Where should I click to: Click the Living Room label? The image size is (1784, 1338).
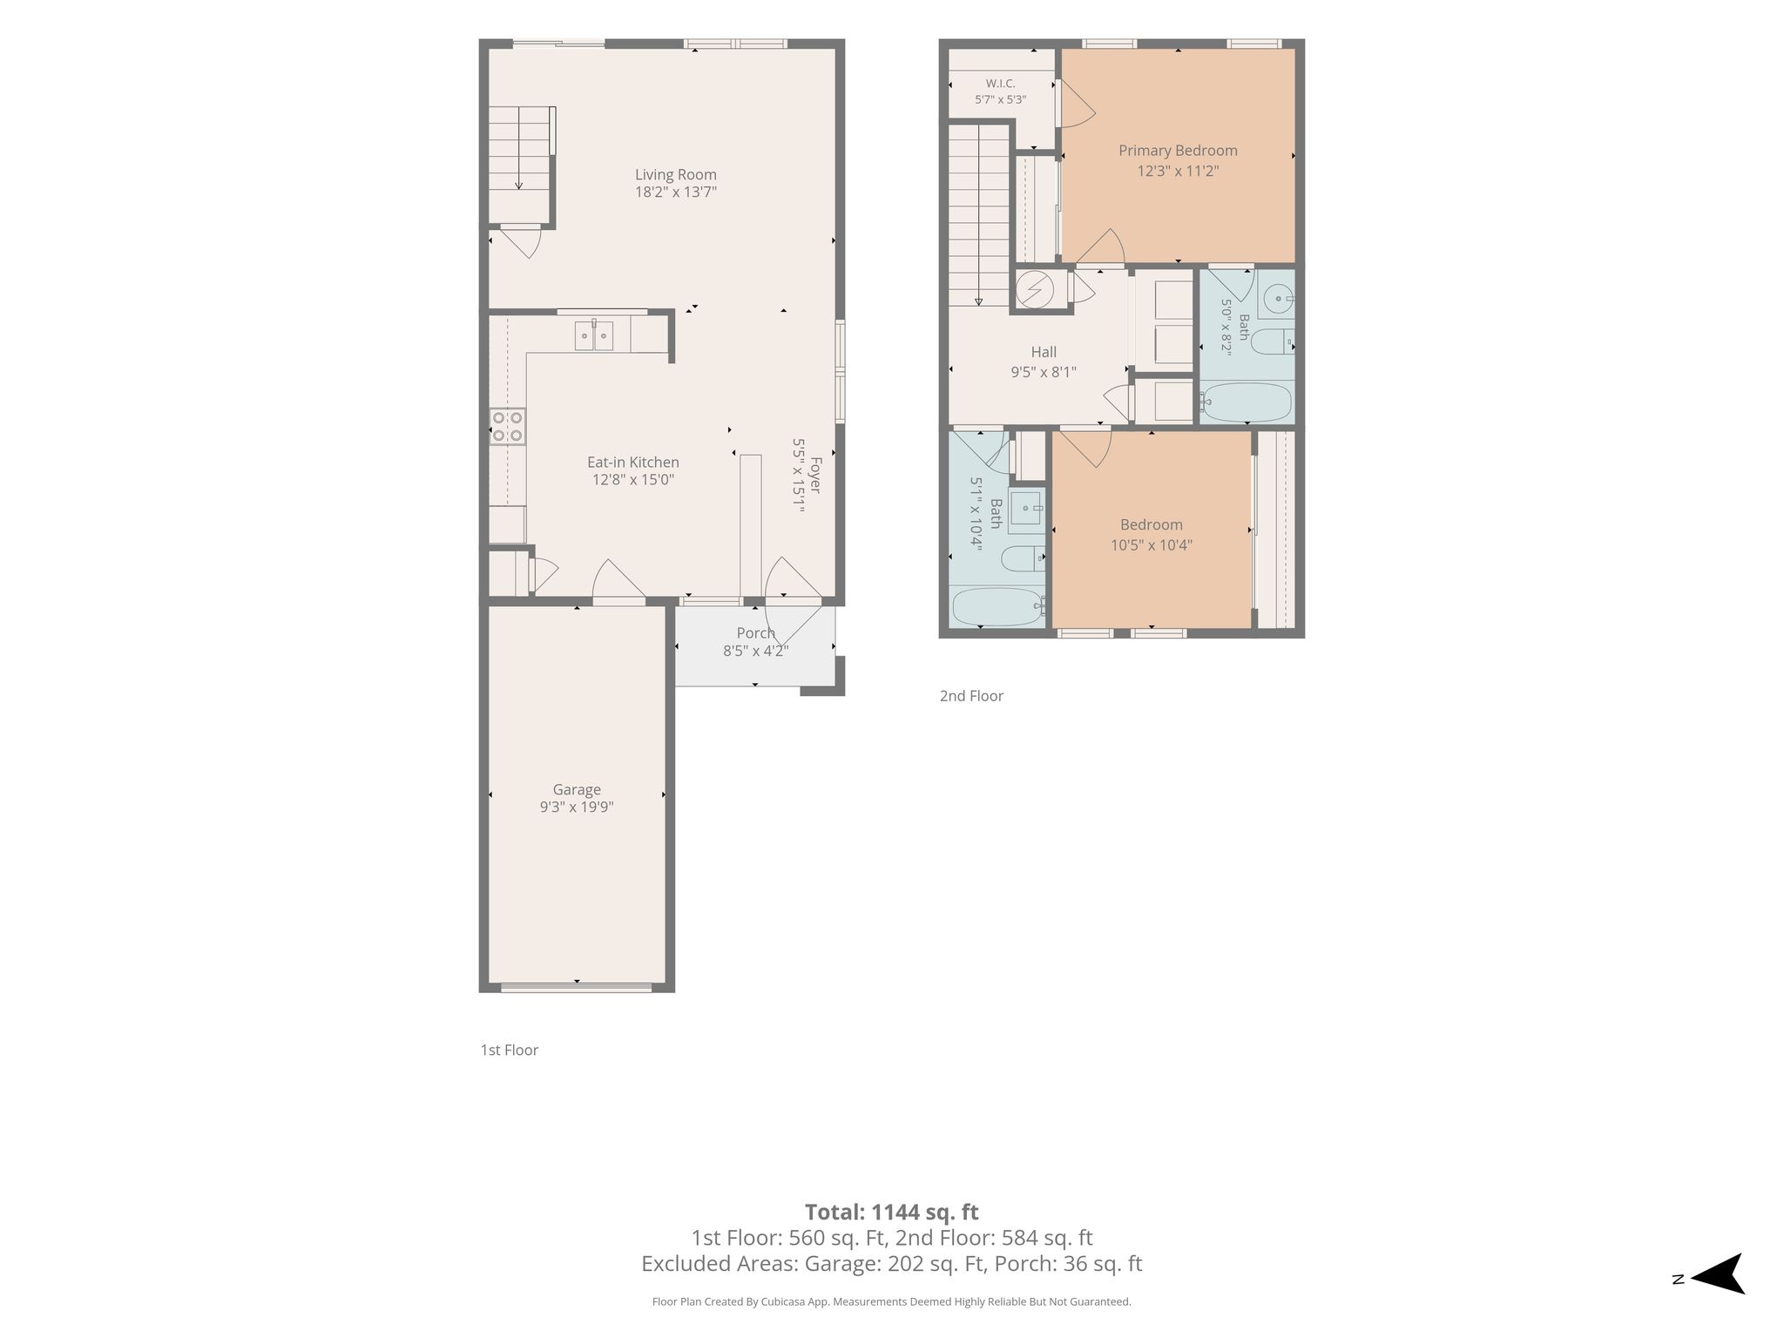click(675, 174)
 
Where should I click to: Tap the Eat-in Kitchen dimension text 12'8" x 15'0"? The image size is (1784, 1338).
click(632, 480)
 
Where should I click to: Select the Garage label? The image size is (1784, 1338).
click(577, 790)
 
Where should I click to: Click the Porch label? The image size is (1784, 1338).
click(755, 633)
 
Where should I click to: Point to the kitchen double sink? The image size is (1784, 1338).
click(593, 335)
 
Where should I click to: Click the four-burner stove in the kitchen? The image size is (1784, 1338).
click(507, 426)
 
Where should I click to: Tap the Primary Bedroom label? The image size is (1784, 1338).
click(1178, 151)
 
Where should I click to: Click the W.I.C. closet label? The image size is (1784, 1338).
click(1000, 84)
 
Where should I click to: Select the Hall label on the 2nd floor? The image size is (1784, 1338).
click(1044, 352)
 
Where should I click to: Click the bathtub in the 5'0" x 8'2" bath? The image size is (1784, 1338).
click(1247, 402)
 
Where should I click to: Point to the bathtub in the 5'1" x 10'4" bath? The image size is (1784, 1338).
click(998, 607)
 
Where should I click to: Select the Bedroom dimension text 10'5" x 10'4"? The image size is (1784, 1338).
click(1151, 545)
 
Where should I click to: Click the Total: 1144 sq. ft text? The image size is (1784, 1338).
click(891, 1212)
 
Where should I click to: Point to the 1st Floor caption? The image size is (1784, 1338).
click(510, 1050)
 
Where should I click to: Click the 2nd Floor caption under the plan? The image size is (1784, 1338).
click(971, 696)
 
